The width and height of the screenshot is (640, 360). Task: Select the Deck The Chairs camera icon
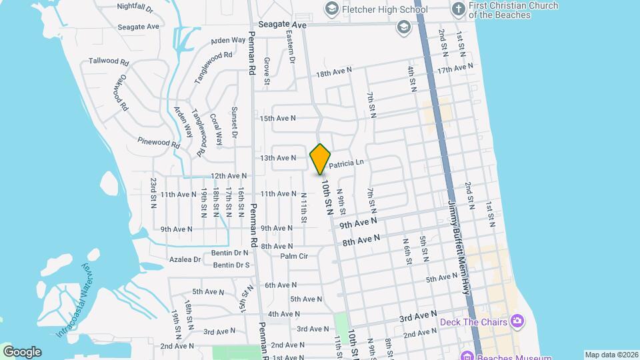(x=517, y=321)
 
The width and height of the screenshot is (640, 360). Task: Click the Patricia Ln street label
(x=345, y=162)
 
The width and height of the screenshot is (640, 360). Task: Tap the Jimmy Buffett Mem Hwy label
(x=459, y=247)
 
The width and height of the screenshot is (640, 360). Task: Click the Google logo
(x=22, y=351)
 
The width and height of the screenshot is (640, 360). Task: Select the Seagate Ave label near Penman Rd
(x=278, y=24)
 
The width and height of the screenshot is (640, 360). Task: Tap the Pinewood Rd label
(x=159, y=142)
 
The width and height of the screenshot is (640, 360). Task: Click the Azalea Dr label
(x=187, y=259)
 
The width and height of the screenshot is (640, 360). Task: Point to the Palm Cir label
(x=294, y=255)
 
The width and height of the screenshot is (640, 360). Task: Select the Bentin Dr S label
(x=231, y=265)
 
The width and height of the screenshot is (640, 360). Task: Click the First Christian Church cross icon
(x=458, y=9)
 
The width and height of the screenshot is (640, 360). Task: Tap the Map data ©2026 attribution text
(x=610, y=355)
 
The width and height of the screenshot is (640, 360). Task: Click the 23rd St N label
(x=153, y=193)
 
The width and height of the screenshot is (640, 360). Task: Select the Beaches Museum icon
(x=468, y=355)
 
